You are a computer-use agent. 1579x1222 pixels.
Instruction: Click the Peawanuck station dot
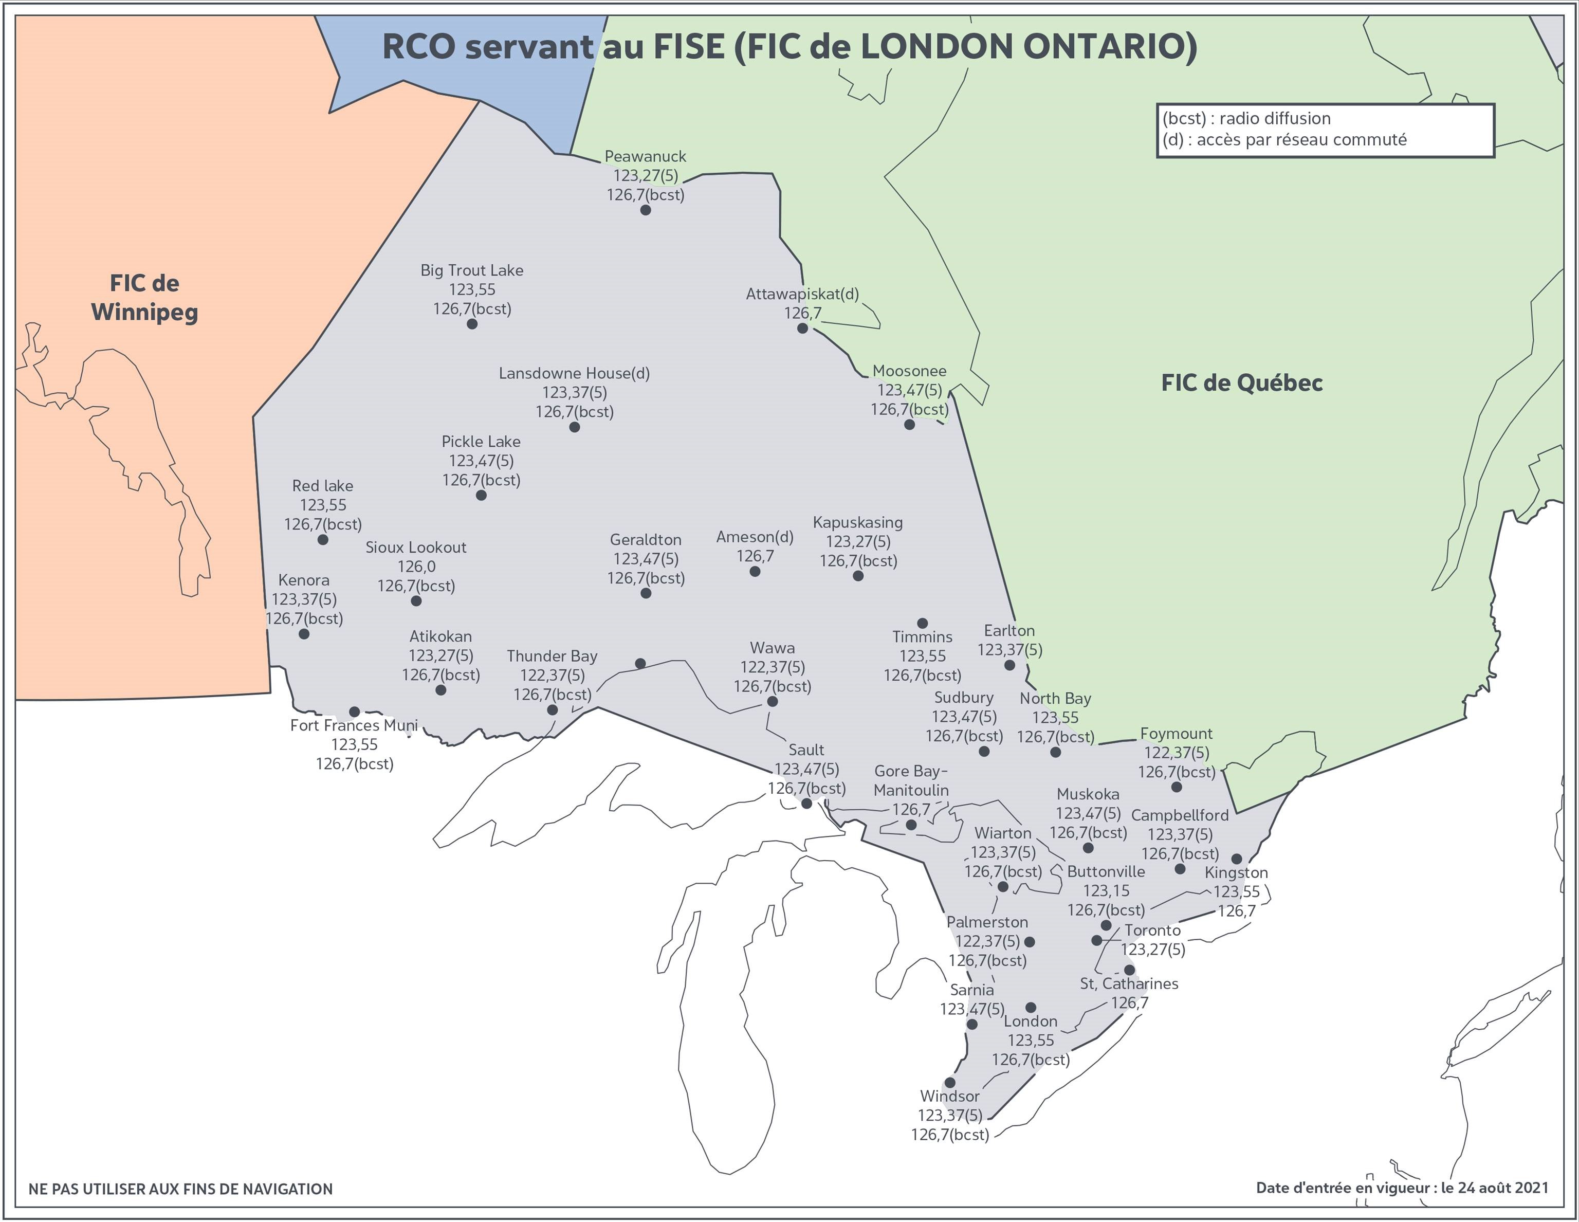coord(646,210)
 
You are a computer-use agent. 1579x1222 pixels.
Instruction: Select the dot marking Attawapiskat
coord(802,329)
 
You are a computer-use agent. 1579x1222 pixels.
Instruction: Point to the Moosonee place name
coord(909,371)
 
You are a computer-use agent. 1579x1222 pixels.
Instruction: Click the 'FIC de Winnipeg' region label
coord(144,297)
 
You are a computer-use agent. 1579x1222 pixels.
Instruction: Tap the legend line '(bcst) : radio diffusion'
coord(1246,119)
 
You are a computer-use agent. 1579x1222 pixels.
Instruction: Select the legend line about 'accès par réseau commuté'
coord(1284,139)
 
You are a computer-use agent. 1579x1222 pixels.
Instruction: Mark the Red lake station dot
coord(323,539)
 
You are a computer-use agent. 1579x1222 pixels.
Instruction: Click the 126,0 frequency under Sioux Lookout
coord(416,567)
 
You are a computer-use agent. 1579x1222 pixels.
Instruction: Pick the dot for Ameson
coord(755,572)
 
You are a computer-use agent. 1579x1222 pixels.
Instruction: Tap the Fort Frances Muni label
coord(354,725)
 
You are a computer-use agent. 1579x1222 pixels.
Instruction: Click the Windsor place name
coord(949,1096)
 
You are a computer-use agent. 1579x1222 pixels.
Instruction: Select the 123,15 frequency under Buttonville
coord(1106,891)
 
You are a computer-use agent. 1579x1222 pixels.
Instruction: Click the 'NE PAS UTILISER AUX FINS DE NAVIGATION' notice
coord(181,1190)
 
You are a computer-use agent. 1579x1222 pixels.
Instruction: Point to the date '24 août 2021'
coord(1503,1188)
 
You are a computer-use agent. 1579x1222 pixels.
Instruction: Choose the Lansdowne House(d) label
coord(574,374)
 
